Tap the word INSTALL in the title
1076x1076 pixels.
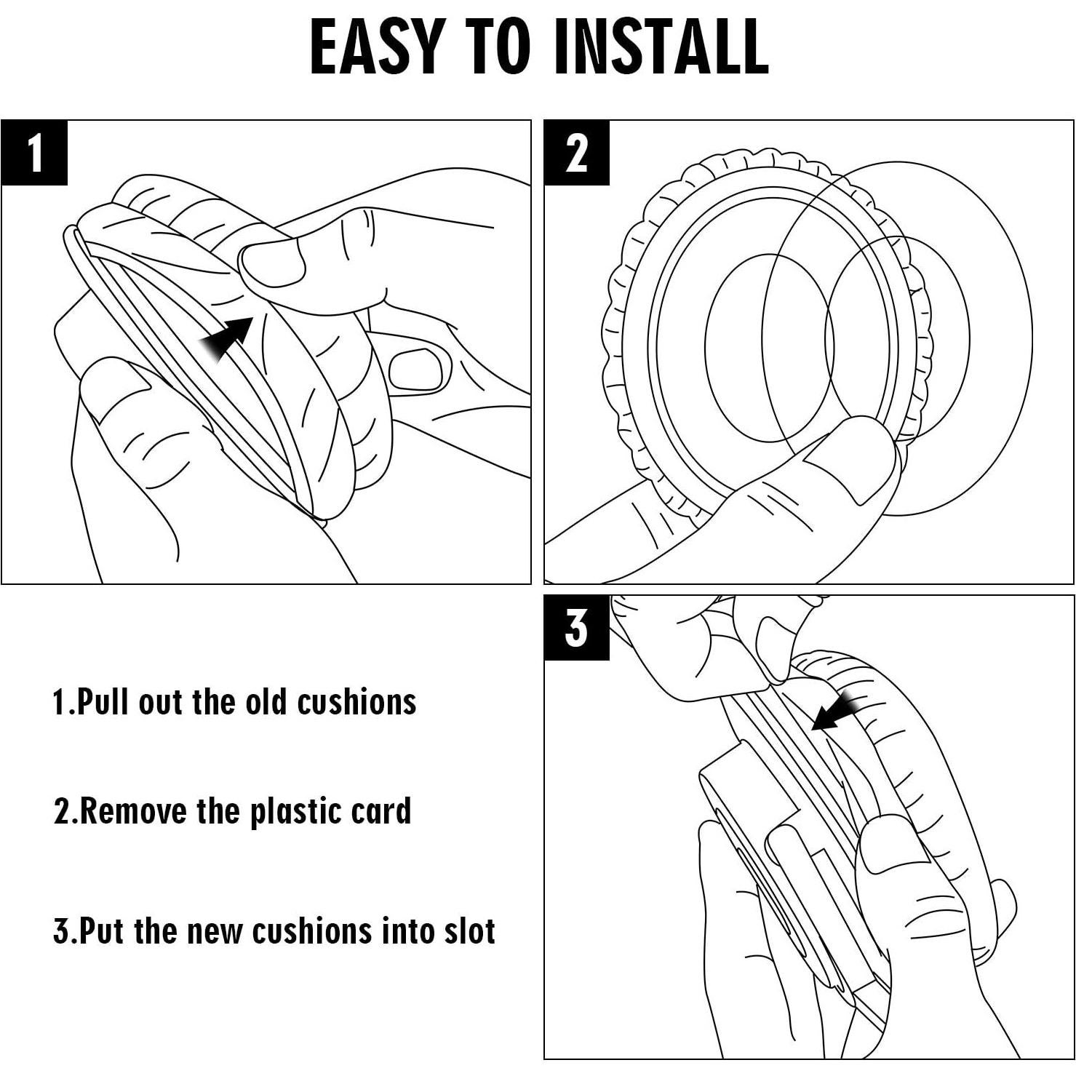(x=661, y=46)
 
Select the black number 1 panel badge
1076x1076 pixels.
(x=34, y=153)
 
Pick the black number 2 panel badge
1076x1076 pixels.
(x=577, y=153)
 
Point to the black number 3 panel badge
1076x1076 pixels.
(x=577, y=627)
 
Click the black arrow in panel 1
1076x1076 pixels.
(x=227, y=338)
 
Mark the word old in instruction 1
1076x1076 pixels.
(x=267, y=703)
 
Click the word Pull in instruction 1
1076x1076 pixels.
(x=103, y=703)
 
